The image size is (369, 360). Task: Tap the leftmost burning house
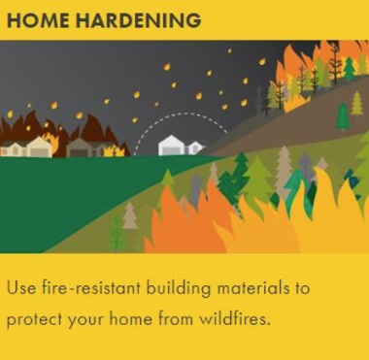pos(13,148)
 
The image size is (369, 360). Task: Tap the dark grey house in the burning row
pos(84,147)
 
